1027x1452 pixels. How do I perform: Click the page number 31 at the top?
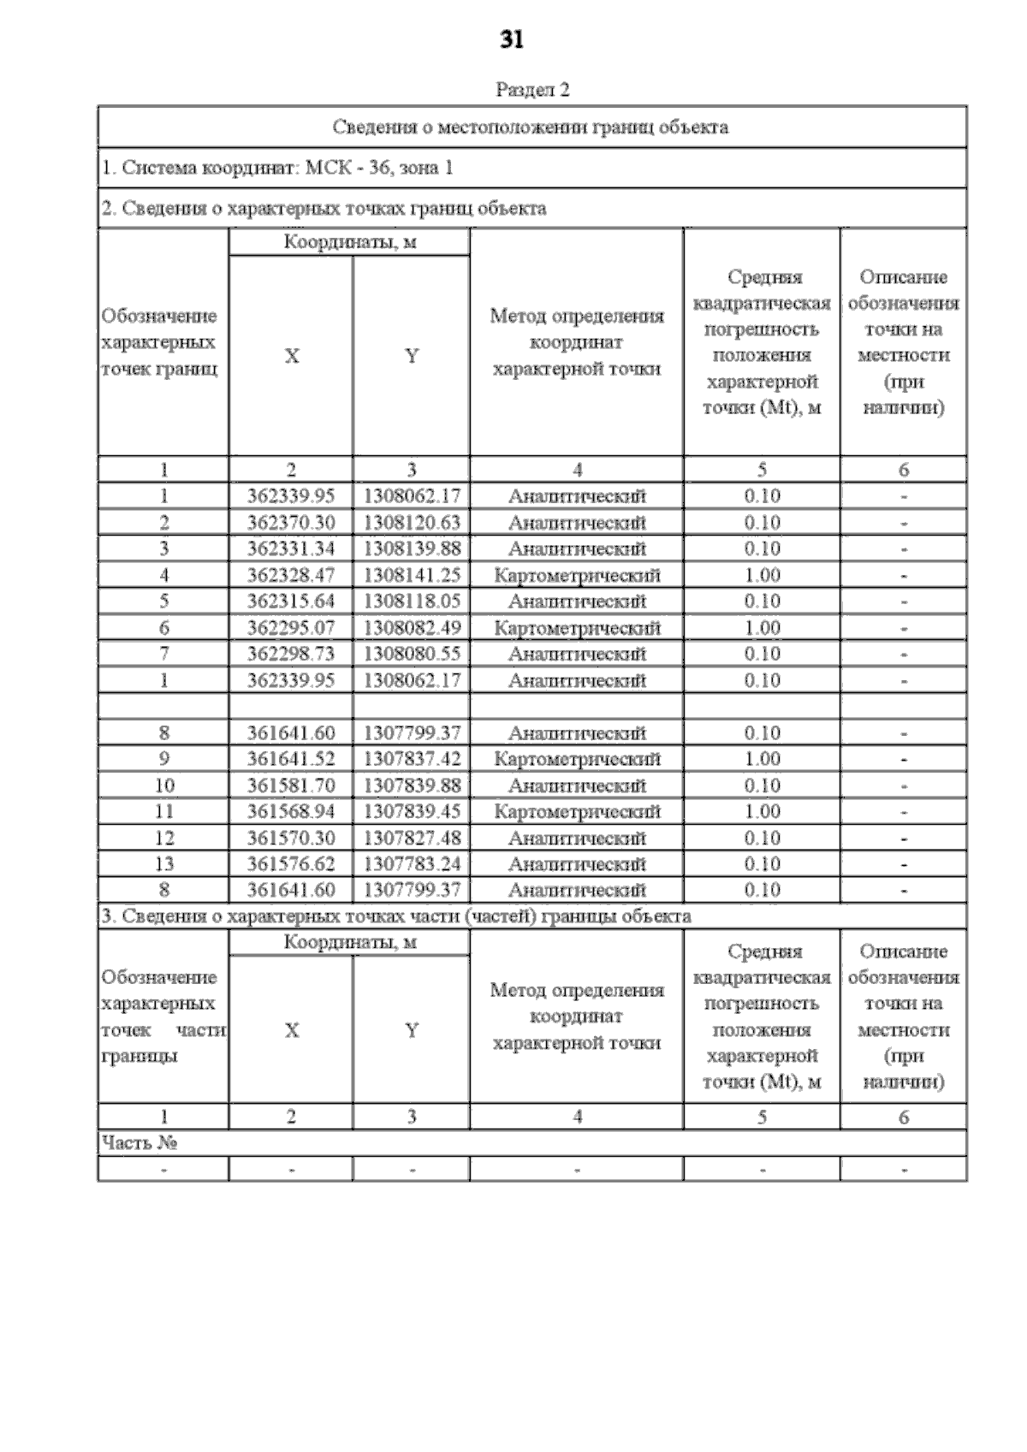511,40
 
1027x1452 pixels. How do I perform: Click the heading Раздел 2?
532,90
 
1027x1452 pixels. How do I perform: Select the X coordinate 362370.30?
291,523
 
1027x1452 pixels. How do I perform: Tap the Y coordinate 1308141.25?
412,575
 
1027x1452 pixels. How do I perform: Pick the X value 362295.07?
291,628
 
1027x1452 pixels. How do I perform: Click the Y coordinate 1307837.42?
412,759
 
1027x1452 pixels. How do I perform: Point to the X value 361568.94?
291,811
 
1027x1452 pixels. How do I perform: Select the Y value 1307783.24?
412,864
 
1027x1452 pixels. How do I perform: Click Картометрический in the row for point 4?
577,575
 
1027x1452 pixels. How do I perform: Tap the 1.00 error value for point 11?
762,811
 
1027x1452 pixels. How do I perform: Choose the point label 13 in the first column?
163,864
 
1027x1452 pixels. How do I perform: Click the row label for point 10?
163,785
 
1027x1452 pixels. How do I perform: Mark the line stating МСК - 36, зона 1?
277,168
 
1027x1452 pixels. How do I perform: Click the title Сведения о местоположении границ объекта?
531,127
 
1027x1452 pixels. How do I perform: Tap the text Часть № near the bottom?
140,1143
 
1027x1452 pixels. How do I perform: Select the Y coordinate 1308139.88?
412,548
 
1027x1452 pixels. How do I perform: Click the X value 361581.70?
291,785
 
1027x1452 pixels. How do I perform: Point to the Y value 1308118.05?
412,602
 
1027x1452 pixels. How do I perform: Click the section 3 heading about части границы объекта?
396,916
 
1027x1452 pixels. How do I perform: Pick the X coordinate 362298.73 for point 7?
291,654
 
